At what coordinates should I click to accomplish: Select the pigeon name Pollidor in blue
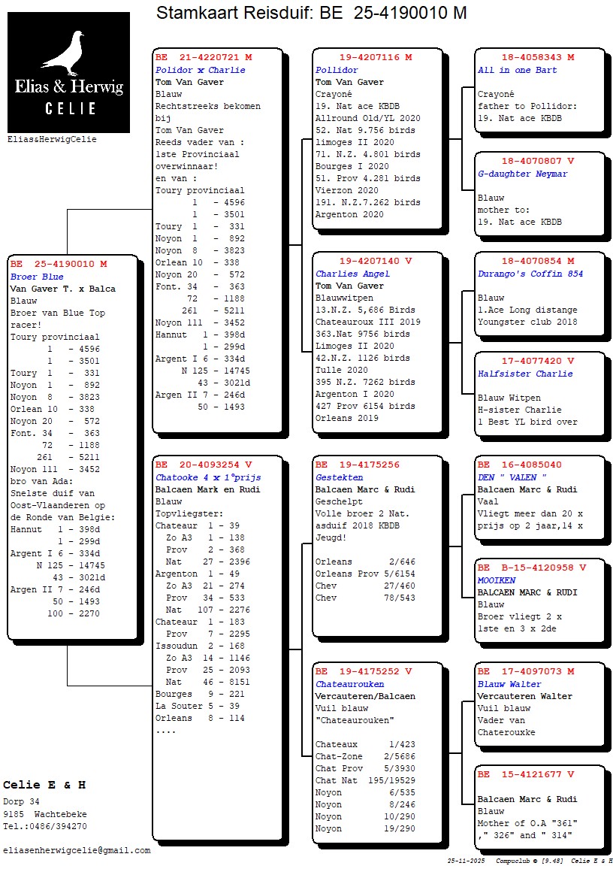(x=337, y=70)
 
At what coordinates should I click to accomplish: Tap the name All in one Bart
(x=518, y=70)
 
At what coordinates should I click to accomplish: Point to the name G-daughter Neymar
(x=522, y=174)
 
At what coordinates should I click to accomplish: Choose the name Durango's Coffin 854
(x=530, y=274)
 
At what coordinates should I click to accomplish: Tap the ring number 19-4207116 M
(x=376, y=58)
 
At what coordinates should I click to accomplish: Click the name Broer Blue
(x=34, y=277)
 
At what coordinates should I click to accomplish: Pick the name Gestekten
(x=339, y=477)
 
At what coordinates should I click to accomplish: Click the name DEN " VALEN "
(x=512, y=477)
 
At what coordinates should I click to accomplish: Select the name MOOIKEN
(x=497, y=580)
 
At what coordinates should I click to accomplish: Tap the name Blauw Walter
(x=509, y=684)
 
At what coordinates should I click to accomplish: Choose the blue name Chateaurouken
(x=349, y=684)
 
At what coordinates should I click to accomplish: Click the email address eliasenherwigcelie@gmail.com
(x=77, y=851)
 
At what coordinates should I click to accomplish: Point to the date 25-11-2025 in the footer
(x=467, y=861)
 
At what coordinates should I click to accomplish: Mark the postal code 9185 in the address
(x=14, y=814)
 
